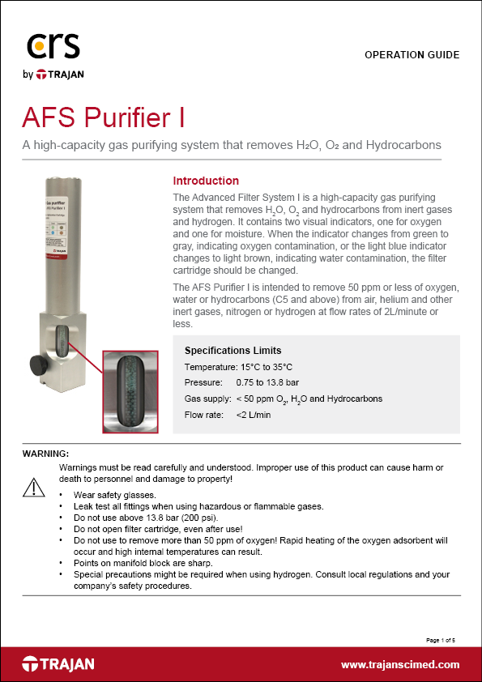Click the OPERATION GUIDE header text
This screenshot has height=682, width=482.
pyautogui.click(x=412, y=55)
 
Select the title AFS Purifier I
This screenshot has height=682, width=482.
pyautogui.click(x=103, y=117)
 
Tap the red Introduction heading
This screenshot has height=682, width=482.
pyautogui.click(x=206, y=181)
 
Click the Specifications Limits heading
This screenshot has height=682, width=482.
pyautogui.click(x=232, y=351)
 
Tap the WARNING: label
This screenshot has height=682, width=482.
pyautogui.click(x=46, y=452)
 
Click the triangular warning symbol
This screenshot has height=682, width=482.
pyautogui.click(x=34, y=487)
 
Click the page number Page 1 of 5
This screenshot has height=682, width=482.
pyautogui.click(x=441, y=640)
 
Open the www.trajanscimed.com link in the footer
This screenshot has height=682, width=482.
pyautogui.click(x=400, y=665)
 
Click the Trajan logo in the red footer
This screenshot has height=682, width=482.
pyautogui.click(x=58, y=664)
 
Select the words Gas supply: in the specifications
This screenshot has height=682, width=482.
pyautogui.click(x=207, y=399)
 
